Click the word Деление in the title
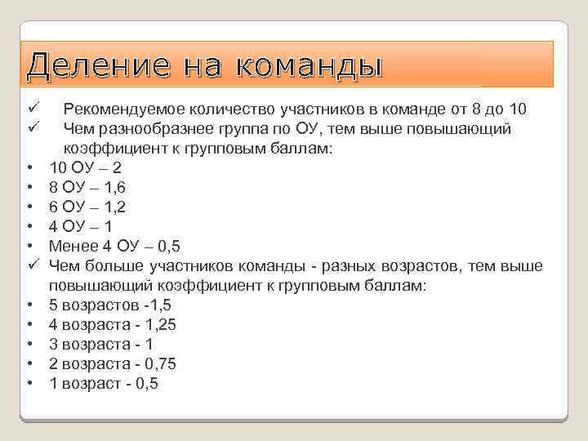pyautogui.click(x=101, y=65)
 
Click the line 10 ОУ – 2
pyautogui.click(x=86, y=167)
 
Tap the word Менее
pyautogui.click(x=74, y=246)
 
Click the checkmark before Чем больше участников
pyautogui.click(x=33, y=265)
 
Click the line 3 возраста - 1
pyautogui.click(x=101, y=344)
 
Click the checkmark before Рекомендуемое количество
pyautogui.click(x=33, y=109)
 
